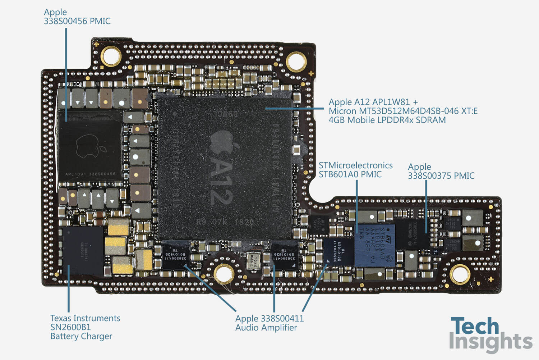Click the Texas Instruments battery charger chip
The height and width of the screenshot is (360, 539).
click(x=83, y=250)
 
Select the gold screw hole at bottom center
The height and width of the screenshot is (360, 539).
click(x=224, y=274)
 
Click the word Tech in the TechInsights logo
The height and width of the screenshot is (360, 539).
click(x=475, y=326)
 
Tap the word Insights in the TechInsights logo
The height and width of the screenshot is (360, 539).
click(x=490, y=342)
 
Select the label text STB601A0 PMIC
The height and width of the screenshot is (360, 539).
click(x=350, y=174)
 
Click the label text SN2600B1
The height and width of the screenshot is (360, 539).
click(x=70, y=327)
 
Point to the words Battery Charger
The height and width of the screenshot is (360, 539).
click(x=81, y=336)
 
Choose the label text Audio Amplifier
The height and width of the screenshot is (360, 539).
click(x=266, y=328)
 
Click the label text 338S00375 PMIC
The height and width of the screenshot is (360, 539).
click(x=441, y=176)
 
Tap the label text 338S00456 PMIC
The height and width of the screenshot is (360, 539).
click(x=77, y=21)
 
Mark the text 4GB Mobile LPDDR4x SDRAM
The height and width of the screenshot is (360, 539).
click(x=387, y=120)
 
